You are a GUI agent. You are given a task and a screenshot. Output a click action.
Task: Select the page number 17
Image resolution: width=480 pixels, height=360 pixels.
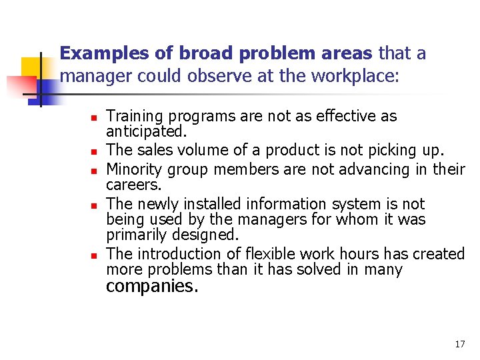pyautogui.click(x=459, y=344)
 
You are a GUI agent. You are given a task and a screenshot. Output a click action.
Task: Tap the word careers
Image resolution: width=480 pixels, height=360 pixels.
pyautogui.click(x=133, y=185)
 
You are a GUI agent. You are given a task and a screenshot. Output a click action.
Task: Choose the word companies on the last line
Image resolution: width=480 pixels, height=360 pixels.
pyautogui.click(x=153, y=287)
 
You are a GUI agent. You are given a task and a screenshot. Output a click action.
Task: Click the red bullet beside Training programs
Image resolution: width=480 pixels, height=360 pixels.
pyautogui.click(x=94, y=118)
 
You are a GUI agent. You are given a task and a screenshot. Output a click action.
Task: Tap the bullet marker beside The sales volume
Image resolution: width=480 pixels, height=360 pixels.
pyautogui.click(x=94, y=151)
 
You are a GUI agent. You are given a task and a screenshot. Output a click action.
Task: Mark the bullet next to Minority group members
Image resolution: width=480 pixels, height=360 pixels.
pyautogui.click(x=94, y=171)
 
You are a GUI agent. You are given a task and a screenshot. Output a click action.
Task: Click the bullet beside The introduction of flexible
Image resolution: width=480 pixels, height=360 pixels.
pyautogui.click(x=94, y=255)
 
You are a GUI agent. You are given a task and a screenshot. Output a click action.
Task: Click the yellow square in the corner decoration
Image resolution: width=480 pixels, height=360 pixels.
pyautogui.click(x=30, y=67)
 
